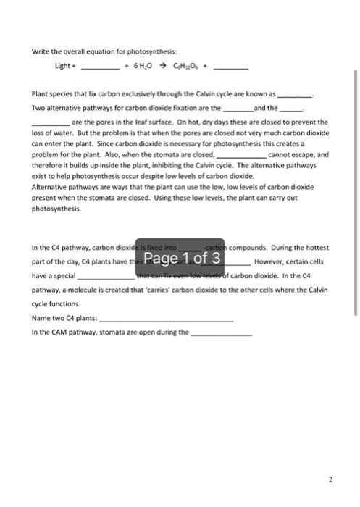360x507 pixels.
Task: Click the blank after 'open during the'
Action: tap(221, 332)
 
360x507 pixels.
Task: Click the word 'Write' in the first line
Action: tap(40, 51)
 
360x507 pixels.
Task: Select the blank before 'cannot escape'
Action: tap(241, 155)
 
